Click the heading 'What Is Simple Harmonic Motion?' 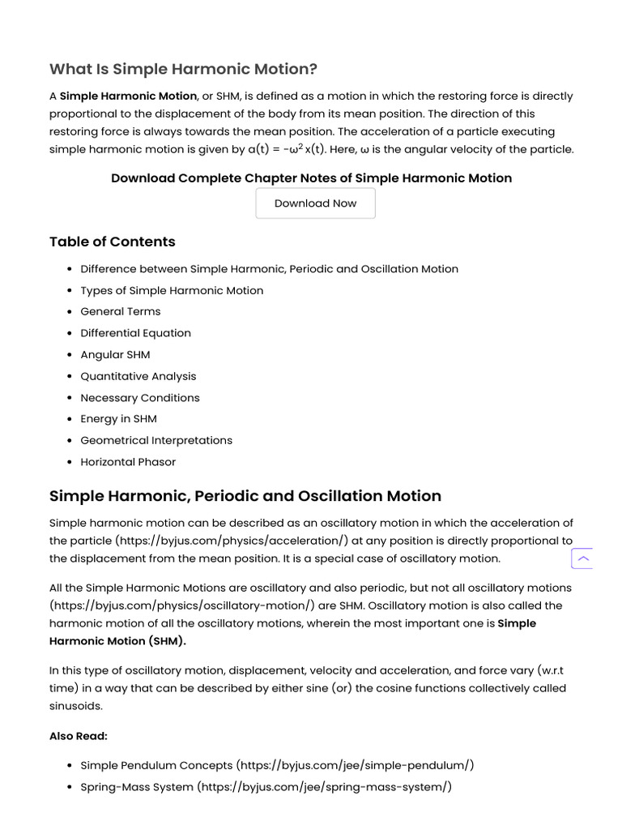point(183,69)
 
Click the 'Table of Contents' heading point(112,242)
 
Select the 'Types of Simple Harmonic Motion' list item point(172,290)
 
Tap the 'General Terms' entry point(121,311)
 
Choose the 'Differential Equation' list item point(135,333)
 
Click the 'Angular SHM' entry point(115,354)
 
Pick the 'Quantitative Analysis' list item point(138,376)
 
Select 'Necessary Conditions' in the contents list point(139,398)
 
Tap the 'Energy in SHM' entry point(118,419)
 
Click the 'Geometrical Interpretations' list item point(156,440)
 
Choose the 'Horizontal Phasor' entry point(128,462)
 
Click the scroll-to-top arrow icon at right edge point(582,558)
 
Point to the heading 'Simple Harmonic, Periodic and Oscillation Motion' point(245,496)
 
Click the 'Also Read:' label point(79,736)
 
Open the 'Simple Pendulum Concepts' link point(156,765)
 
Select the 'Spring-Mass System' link point(137,786)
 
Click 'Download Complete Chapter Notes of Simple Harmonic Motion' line point(311,178)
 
